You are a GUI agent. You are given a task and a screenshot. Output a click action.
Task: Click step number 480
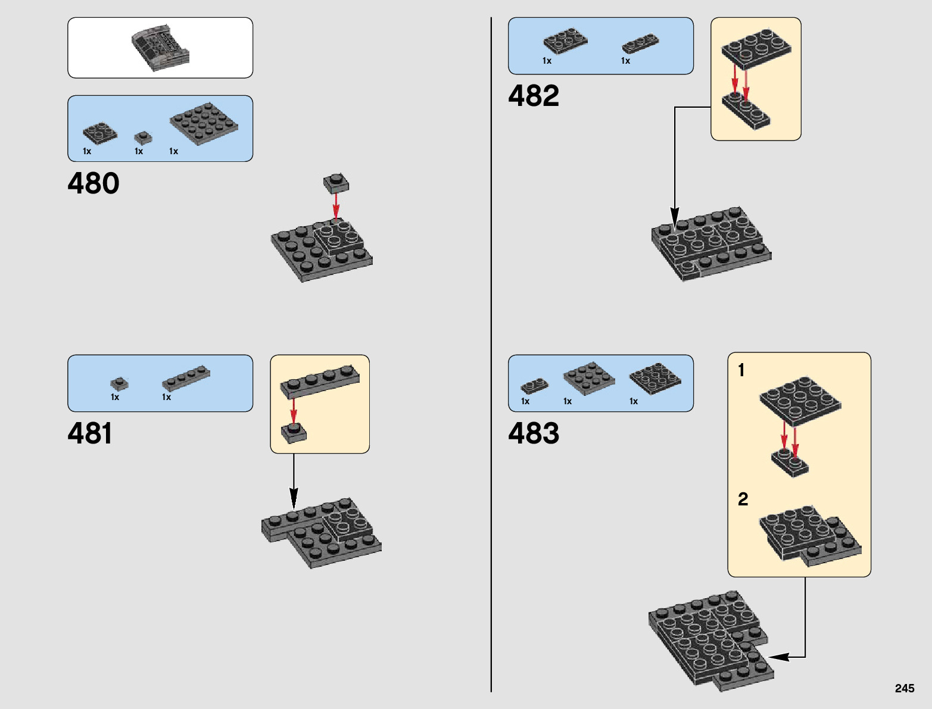(93, 183)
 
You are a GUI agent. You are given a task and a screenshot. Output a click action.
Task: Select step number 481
(90, 433)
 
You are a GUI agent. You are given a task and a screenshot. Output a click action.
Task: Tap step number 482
(534, 96)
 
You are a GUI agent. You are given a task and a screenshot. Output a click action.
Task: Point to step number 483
(534, 433)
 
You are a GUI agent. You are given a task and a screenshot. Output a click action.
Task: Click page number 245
(904, 688)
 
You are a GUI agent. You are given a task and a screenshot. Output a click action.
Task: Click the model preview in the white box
(160, 48)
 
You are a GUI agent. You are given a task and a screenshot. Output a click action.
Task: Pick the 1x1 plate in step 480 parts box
(143, 138)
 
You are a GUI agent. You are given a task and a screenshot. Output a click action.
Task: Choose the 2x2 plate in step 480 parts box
(99, 132)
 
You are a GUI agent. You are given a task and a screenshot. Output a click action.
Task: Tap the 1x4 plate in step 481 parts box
(186, 379)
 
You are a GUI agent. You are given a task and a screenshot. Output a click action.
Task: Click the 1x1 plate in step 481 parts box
(119, 383)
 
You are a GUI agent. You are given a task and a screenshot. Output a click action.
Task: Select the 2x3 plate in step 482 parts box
(565, 40)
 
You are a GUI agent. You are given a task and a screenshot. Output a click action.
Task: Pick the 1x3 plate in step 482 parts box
(640, 43)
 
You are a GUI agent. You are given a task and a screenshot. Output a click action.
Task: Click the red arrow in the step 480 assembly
(336, 206)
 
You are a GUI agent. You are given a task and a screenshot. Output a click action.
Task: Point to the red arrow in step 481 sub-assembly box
(294, 410)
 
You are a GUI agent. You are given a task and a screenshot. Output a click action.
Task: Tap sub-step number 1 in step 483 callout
(741, 370)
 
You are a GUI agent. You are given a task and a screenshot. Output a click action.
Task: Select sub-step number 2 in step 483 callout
(743, 499)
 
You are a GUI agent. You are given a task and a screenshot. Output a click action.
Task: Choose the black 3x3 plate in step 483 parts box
(655, 377)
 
